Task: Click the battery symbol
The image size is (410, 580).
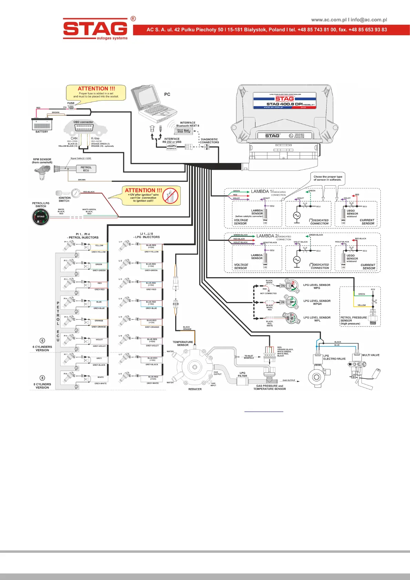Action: point(42,124)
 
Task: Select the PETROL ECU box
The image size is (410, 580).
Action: point(86,169)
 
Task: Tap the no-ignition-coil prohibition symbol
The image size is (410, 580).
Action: point(171,195)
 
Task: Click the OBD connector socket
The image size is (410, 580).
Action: point(84,127)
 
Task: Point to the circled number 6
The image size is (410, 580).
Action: point(42,341)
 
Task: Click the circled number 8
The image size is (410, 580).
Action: point(42,378)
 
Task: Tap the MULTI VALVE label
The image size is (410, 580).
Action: point(371,355)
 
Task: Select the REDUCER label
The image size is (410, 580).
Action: point(195,389)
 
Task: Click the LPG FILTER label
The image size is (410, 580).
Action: point(242,374)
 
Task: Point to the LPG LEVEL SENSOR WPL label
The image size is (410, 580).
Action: point(317,319)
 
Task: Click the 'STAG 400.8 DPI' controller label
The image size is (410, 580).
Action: point(284,104)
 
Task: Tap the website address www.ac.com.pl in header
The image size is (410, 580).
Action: point(329,20)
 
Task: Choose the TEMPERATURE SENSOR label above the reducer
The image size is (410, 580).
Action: point(183,343)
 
